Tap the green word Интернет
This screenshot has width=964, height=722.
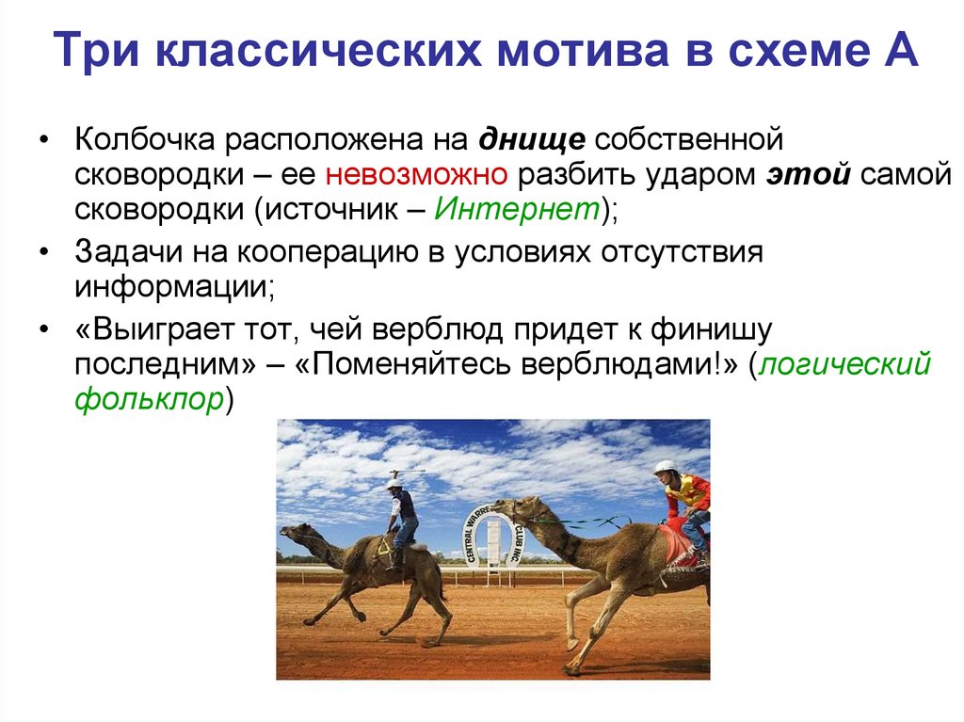[x=517, y=209]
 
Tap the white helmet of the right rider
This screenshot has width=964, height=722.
[x=666, y=467]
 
